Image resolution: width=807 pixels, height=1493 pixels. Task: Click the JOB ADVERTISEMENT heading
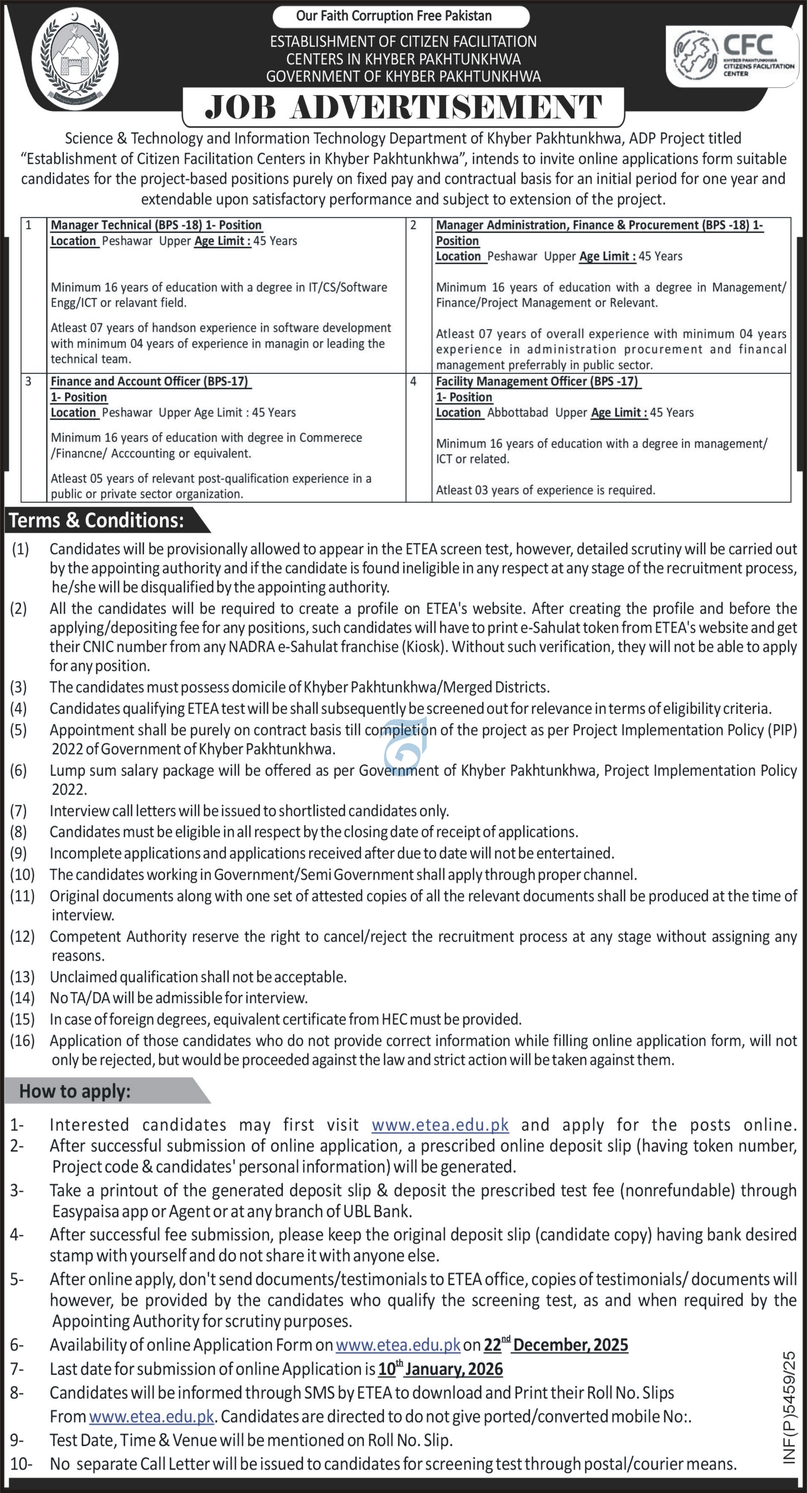point(403,108)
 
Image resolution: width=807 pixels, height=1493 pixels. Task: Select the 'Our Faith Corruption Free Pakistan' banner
point(401,16)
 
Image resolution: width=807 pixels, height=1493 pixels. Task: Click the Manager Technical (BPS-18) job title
point(156,225)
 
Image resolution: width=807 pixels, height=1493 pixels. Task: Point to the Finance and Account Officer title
point(149,381)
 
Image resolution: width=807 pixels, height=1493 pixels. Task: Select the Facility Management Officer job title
point(537,381)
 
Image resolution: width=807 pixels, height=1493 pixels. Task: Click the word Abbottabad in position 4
point(517,413)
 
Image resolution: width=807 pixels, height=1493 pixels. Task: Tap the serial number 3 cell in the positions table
point(28,381)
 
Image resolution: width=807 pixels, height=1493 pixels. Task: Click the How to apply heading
point(75,1091)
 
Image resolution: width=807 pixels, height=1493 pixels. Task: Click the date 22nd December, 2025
point(556,1345)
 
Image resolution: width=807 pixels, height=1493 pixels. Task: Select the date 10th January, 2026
point(440,1369)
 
